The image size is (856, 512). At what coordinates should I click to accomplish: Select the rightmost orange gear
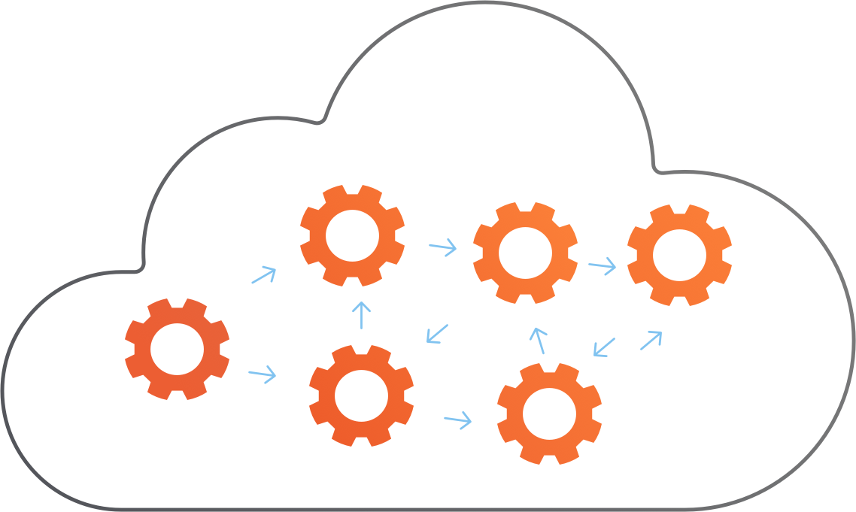(679, 254)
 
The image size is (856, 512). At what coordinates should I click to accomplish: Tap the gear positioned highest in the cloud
(352, 235)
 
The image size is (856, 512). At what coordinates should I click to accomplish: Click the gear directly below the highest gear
(361, 395)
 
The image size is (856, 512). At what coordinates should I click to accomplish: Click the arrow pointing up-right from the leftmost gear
(264, 274)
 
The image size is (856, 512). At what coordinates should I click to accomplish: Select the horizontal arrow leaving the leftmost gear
(263, 374)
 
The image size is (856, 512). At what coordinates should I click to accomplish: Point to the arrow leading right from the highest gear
(443, 246)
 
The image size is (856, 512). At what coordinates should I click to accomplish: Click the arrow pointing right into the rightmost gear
(603, 265)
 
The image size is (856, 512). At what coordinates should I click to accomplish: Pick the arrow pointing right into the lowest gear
(458, 419)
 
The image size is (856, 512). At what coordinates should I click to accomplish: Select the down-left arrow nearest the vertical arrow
(437, 334)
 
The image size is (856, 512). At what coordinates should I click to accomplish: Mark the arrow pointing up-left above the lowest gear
(538, 341)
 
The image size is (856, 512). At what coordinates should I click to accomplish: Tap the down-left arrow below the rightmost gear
(604, 347)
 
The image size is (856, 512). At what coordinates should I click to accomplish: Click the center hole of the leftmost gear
(178, 349)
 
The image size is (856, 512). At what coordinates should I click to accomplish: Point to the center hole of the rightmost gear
(679, 254)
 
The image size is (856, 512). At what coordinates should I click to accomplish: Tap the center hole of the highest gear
(352, 235)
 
